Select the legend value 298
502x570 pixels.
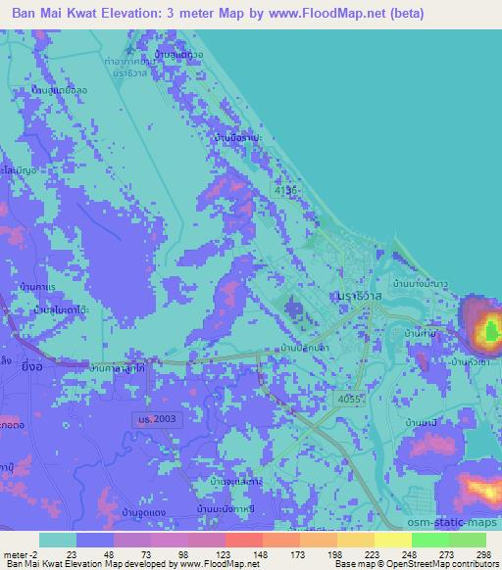coord(481,554)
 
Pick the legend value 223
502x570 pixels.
coord(358,554)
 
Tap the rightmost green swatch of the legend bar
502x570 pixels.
coord(467,540)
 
